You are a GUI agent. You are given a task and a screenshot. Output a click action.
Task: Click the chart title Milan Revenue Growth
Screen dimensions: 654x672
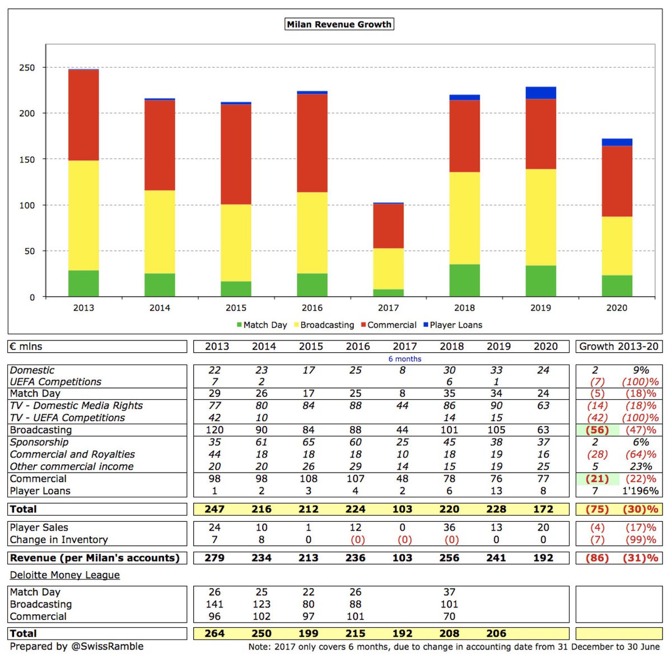coord(339,25)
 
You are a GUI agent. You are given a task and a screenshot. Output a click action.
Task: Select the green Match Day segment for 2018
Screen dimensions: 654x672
coord(464,281)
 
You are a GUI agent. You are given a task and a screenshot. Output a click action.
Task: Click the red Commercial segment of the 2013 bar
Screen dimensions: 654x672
coord(83,115)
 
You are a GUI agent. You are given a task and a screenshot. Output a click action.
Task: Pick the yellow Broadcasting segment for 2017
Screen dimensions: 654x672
coord(388,269)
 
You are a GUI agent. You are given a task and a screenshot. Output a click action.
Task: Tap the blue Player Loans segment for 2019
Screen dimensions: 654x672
coord(540,93)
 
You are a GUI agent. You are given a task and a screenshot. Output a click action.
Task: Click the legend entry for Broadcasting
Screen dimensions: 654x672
coord(327,325)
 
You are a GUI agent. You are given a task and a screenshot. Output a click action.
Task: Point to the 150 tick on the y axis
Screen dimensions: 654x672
coord(27,160)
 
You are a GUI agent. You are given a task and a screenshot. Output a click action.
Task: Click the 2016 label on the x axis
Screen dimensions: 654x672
coord(312,308)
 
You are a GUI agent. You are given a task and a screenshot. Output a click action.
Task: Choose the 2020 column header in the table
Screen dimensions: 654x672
coord(545,347)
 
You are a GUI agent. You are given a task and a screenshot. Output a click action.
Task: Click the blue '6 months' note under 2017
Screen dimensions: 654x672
coord(405,359)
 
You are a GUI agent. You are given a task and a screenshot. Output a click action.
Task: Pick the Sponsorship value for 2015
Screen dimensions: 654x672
coord(309,442)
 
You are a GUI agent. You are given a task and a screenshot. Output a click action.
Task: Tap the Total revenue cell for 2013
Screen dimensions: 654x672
coord(214,510)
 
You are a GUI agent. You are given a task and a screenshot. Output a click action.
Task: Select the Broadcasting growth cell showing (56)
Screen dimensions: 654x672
coord(597,430)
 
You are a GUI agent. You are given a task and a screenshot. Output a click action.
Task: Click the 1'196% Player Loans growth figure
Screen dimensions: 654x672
coord(641,491)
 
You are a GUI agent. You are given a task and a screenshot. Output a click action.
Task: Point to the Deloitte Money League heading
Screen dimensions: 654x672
coord(65,575)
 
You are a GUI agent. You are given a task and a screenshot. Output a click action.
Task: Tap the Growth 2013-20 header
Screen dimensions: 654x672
coord(619,347)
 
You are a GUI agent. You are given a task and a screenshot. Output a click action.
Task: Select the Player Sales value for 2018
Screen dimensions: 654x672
coord(449,527)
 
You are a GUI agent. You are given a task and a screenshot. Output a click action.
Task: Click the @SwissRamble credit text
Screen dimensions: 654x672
coord(107,646)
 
